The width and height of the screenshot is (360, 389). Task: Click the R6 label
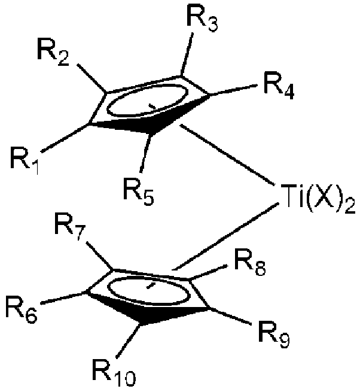coord(21,309)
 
